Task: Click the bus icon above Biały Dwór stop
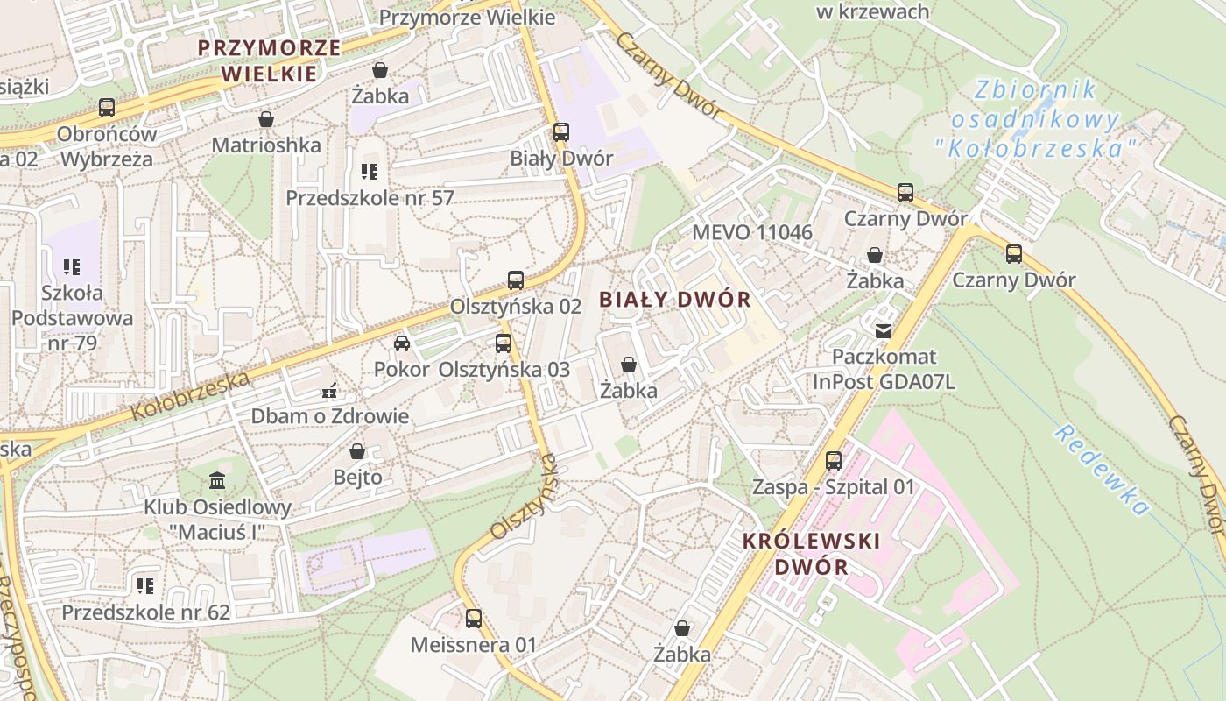[x=561, y=132]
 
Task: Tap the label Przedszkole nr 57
[x=370, y=197]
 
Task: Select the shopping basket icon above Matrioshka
[x=266, y=118]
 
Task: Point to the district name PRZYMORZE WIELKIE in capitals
[x=269, y=60]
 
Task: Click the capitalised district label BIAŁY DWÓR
[x=675, y=300]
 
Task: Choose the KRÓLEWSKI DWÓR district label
[x=811, y=553]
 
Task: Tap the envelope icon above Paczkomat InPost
[x=883, y=330]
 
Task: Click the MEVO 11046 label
[x=752, y=233]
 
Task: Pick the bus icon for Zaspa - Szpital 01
[x=834, y=460]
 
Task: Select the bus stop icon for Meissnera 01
[x=474, y=619]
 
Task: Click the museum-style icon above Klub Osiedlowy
[x=217, y=480]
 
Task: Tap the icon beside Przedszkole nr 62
[x=145, y=585]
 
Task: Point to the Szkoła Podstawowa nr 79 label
[x=72, y=317]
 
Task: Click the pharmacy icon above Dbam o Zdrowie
[x=330, y=390]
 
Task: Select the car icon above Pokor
[x=402, y=343]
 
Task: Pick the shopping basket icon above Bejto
[x=357, y=451]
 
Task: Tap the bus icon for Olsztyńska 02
[x=516, y=280]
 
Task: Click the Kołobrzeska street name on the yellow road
[x=190, y=395]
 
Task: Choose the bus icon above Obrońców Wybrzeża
[x=107, y=108]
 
